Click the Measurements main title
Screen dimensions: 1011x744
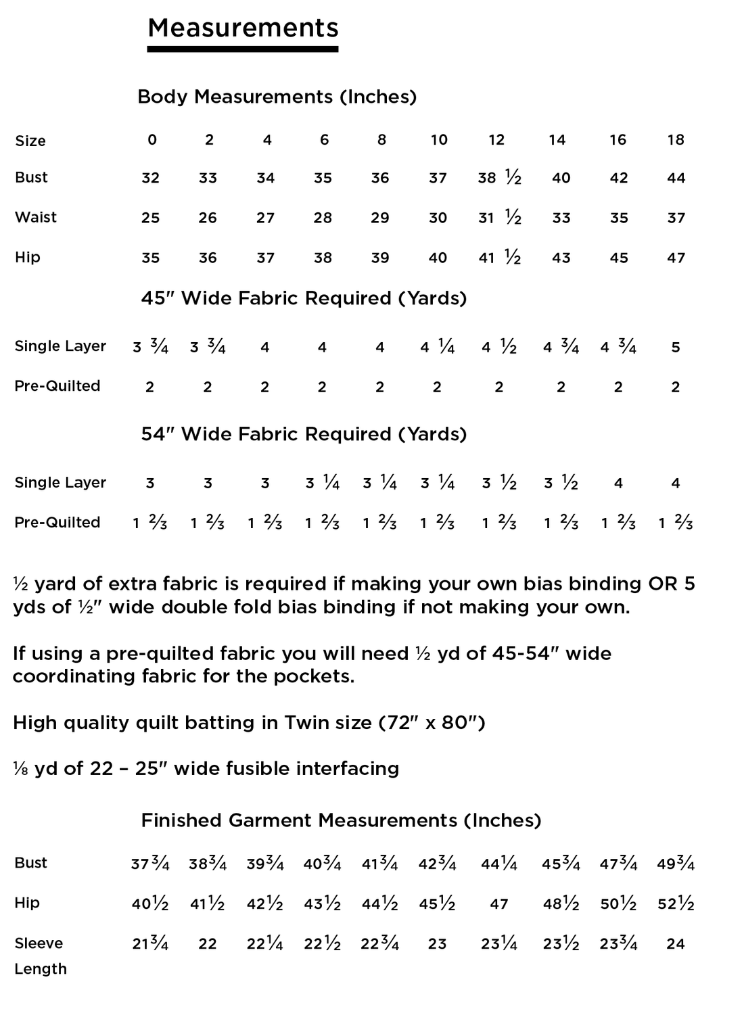click(243, 28)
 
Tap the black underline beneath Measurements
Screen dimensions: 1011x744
click(243, 49)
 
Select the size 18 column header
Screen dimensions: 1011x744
click(676, 140)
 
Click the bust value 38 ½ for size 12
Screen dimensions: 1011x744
click(499, 178)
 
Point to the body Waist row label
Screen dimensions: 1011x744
click(36, 217)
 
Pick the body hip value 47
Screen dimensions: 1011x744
click(676, 258)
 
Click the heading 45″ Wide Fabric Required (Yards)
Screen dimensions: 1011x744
click(304, 298)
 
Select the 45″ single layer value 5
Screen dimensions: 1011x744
click(676, 348)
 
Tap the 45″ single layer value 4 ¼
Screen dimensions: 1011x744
click(437, 348)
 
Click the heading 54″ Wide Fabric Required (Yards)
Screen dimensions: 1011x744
click(304, 434)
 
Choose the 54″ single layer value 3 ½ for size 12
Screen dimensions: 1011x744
click(499, 483)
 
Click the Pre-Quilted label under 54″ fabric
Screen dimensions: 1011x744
click(57, 522)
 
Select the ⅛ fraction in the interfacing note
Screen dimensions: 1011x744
click(20, 770)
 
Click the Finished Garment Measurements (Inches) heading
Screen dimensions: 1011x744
click(341, 820)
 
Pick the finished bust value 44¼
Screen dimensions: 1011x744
click(499, 864)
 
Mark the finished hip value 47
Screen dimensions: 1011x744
click(498, 904)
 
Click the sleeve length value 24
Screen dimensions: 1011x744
click(676, 944)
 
